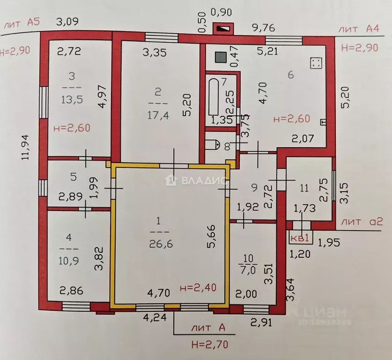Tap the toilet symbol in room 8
coord(213,143)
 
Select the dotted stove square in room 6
coord(316,62)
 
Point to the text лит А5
coord(20,25)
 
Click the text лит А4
coord(360,29)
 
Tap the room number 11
coord(304,188)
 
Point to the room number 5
coord(73,177)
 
